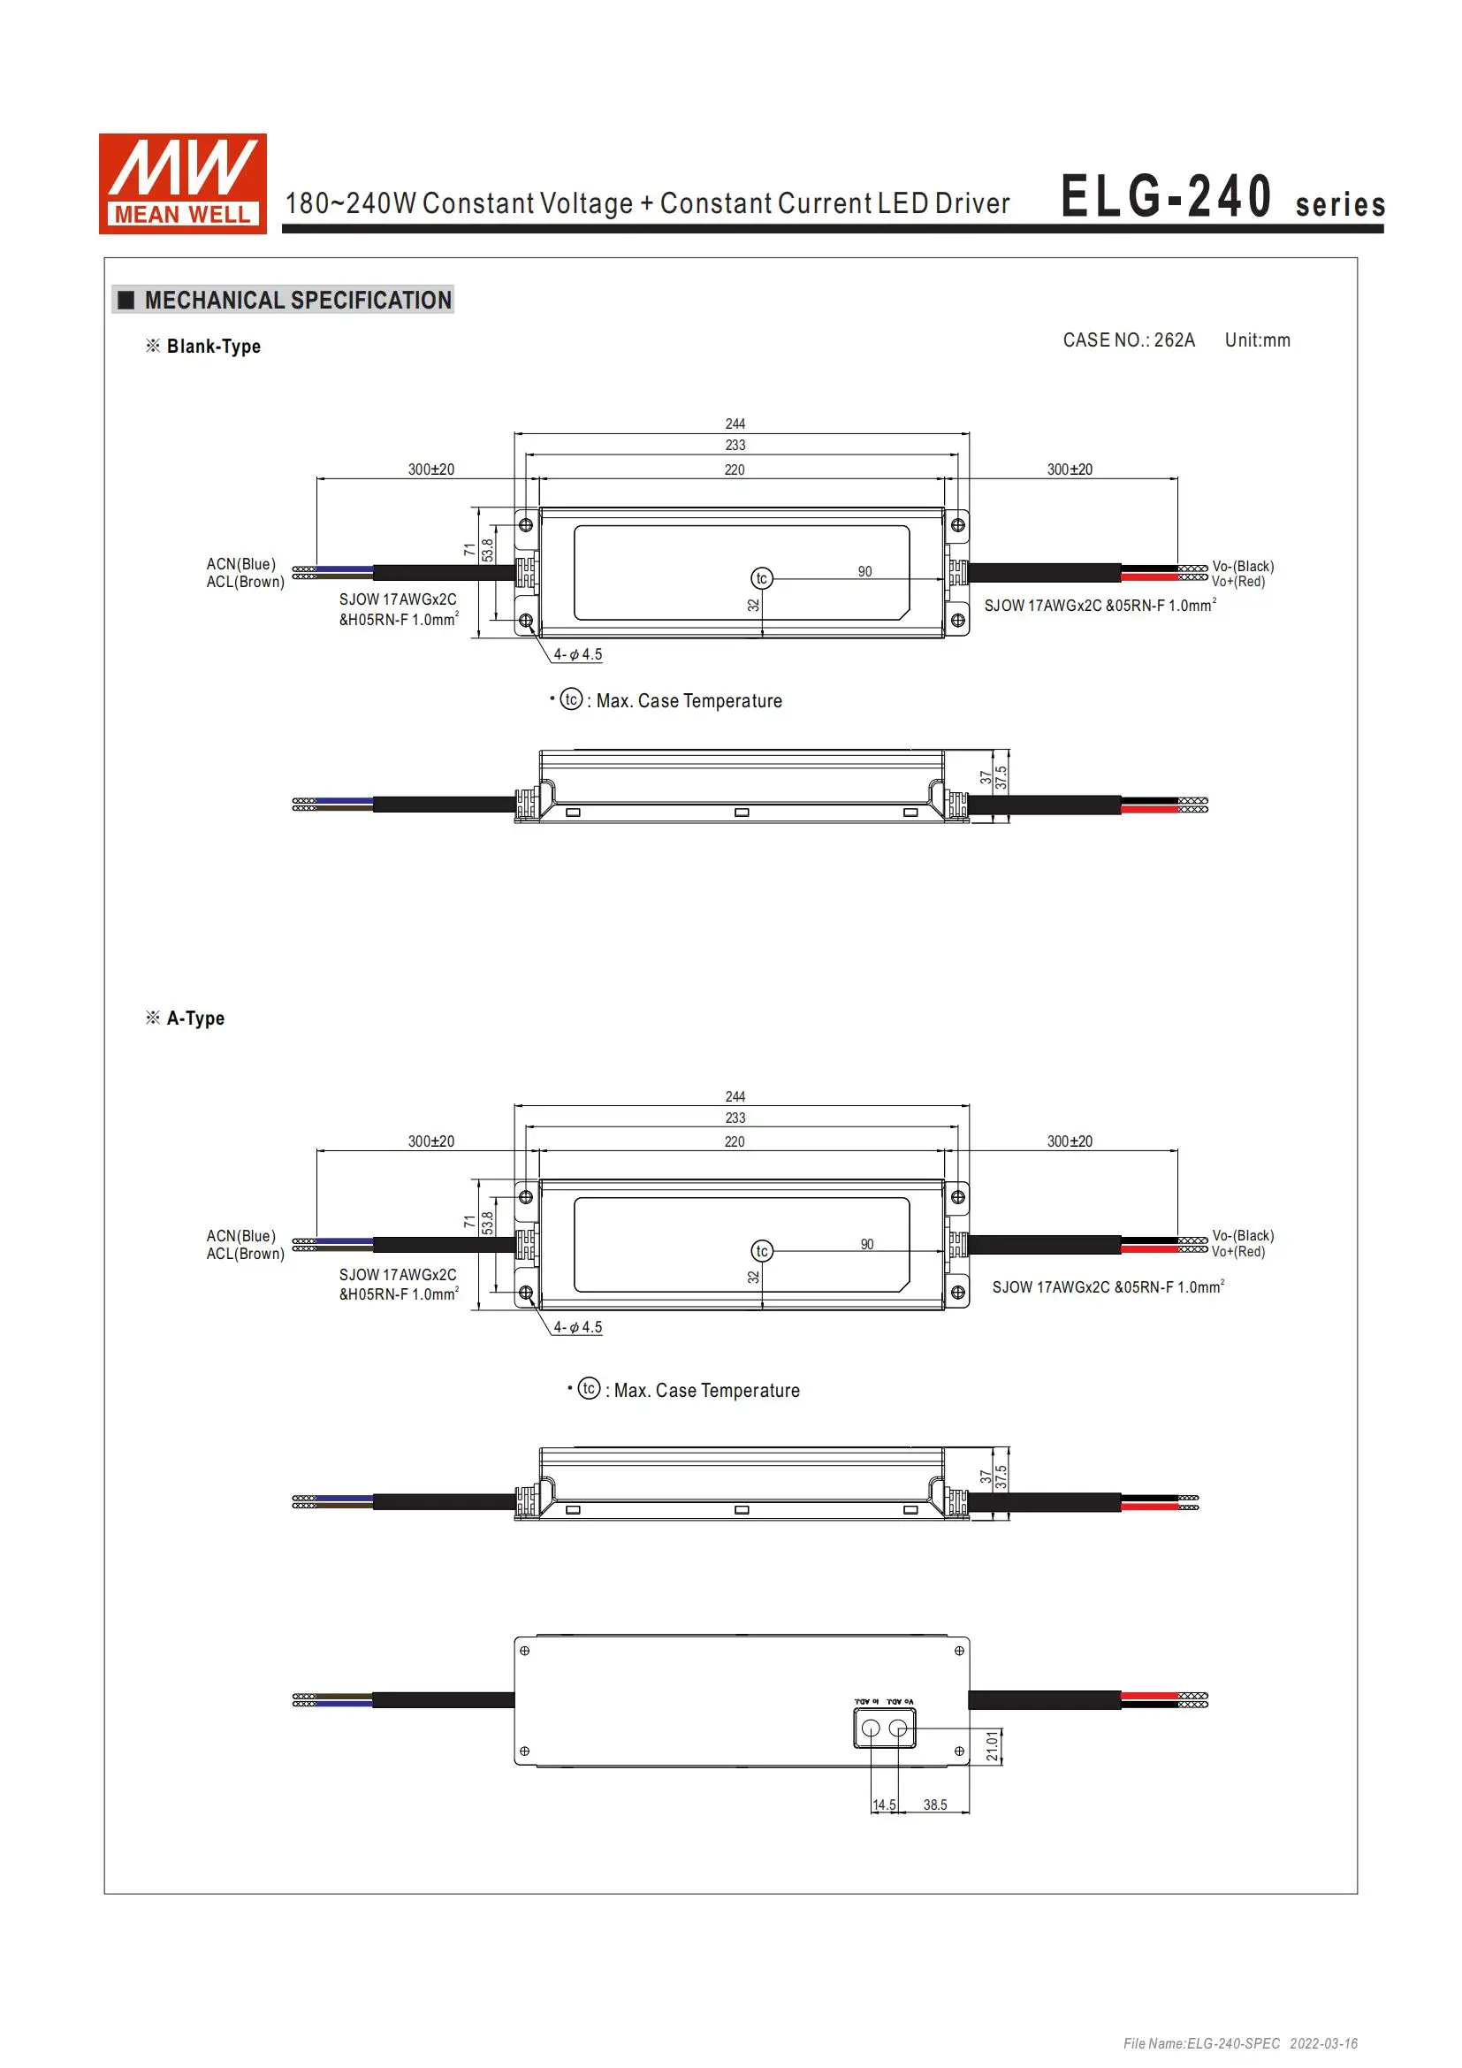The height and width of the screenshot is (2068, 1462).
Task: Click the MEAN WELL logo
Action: (182, 184)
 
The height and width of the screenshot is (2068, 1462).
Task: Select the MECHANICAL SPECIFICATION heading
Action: (297, 300)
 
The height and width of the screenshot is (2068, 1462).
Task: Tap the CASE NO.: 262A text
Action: (1128, 340)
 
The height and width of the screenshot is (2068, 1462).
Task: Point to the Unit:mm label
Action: (1257, 340)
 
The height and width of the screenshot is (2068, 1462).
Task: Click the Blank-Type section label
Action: (213, 347)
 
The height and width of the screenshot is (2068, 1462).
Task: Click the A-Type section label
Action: (195, 1019)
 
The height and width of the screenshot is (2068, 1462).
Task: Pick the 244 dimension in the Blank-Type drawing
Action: (735, 424)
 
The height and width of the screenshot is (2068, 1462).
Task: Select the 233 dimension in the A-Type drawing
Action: (735, 1118)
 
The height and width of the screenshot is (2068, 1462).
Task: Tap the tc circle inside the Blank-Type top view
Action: (762, 578)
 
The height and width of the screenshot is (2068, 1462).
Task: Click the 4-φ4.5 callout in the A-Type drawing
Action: (577, 1328)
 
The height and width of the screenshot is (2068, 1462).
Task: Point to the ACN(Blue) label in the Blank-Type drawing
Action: (240, 565)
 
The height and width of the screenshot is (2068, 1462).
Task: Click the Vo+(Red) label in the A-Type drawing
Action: (1237, 1252)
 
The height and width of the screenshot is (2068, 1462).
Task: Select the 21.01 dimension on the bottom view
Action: (992, 1745)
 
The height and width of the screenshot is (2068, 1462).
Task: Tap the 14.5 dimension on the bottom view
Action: (884, 1805)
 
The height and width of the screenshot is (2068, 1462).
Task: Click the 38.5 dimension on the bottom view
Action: (934, 1805)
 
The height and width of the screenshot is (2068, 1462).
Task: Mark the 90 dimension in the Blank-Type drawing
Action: (864, 572)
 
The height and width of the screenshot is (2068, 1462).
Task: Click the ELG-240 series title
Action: (1222, 197)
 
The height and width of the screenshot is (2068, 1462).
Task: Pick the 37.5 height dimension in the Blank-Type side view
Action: (1001, 778)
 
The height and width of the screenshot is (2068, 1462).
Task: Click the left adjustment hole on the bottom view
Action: (871, 1728)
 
